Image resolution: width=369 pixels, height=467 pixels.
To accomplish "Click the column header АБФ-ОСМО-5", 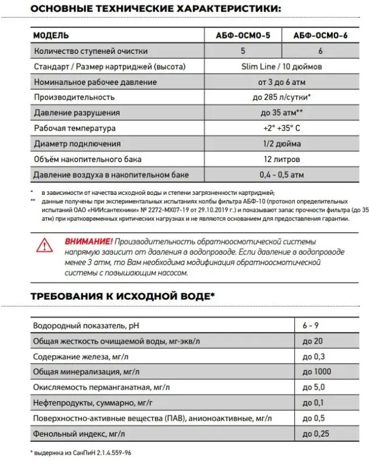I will pos(243,35).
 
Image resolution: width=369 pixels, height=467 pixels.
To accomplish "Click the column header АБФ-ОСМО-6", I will pos(320,35).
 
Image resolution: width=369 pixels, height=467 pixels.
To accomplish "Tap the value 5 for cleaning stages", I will pos(243,51).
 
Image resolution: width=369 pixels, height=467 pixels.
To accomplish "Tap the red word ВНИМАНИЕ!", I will pos(88,241).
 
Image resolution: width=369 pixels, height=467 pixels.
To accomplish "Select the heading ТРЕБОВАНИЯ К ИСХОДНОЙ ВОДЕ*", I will pos(122,296).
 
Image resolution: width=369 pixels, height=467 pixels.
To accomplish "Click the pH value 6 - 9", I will pos(311,325).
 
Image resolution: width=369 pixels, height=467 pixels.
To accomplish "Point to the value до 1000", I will pos(316,372).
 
